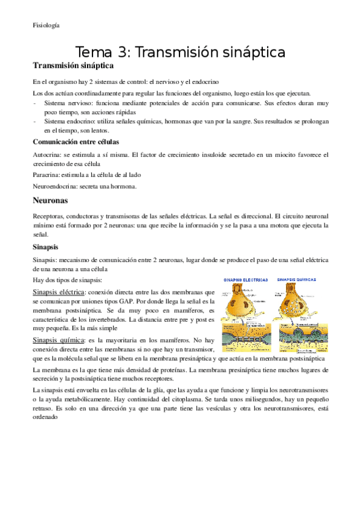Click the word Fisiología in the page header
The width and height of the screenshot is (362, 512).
[46, 25]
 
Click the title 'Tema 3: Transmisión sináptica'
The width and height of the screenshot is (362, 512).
[180, 53]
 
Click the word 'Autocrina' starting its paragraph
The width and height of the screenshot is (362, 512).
[47, 155]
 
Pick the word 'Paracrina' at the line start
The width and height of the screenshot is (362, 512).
[47, 174]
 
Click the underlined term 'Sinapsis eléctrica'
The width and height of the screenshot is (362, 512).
[59, 292]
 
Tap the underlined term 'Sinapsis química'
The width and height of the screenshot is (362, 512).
[59, 341]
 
